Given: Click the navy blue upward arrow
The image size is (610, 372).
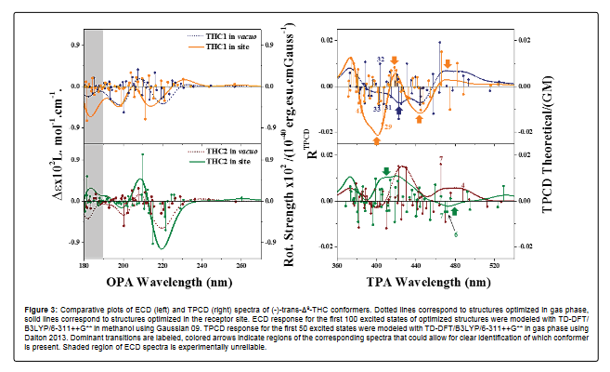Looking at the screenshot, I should point(399,111).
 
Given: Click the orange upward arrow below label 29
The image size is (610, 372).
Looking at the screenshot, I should point(377,139).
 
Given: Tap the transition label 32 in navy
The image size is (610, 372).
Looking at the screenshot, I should point(382,59).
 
